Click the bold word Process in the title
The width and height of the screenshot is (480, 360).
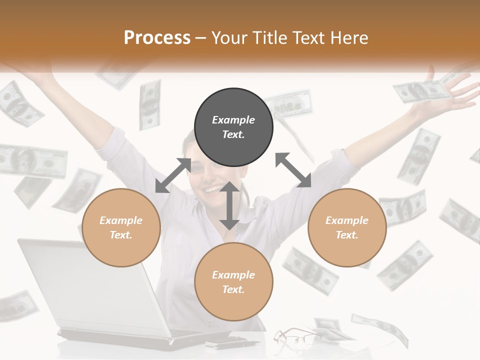[157, 38]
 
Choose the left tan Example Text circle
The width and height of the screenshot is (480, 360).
[121, 227]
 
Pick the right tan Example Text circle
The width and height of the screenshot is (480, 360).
[347, 227]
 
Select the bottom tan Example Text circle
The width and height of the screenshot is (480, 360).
[233, 282]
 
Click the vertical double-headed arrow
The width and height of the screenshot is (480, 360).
[229, 205]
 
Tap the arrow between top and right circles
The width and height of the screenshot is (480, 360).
[293, 170]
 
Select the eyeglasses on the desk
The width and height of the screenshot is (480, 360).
[295, 336]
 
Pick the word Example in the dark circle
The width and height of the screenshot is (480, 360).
[233, 120]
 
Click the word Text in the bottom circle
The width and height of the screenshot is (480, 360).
[233, 289]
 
